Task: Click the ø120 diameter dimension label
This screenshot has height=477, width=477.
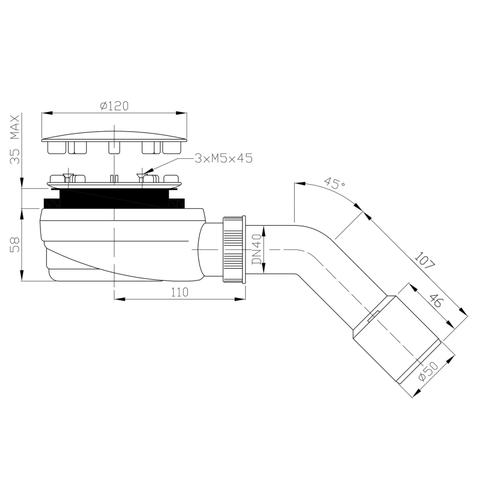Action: (x=114, y=106)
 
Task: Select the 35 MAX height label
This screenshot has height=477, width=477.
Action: (x=15, y=141)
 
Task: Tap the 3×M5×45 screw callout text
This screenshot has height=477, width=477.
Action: (x=223, y=158)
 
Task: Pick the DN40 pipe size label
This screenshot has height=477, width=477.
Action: (x=256, y=250)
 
